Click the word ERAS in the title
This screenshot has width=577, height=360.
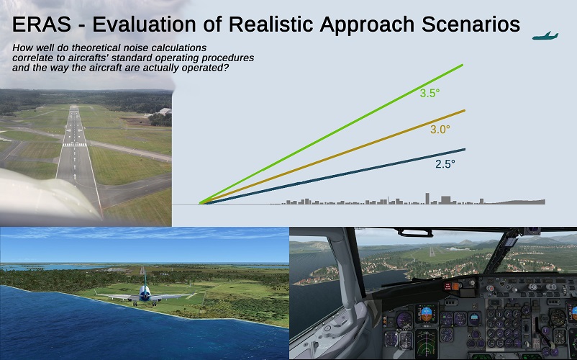(42, 24)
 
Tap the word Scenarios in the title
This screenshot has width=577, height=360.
(471, 24)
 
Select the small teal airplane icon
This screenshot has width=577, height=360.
(545, 36)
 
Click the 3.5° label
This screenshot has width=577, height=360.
(430, 93)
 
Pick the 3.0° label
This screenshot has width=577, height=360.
(440, 129)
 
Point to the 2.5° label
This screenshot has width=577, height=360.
(445, 164)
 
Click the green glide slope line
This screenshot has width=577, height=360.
(331, 134)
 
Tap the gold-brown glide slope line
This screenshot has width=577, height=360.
(333, 156)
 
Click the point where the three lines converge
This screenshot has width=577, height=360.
(201, 203)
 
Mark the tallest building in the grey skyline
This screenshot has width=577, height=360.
(427, 199)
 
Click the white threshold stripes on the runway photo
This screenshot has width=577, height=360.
(75, 145)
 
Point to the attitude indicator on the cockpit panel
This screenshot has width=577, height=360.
(427, 314)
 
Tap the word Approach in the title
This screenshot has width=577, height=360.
(367, 24)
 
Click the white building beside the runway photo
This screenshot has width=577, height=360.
(164, 111)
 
